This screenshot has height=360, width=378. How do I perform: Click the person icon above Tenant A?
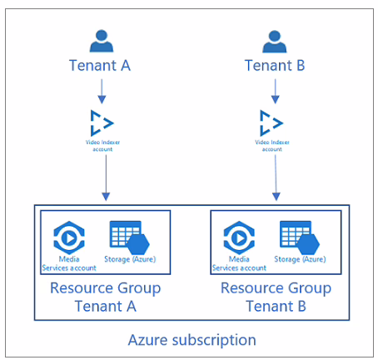click(x=102, y=41)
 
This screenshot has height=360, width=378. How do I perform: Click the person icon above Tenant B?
click(x=275, y=42)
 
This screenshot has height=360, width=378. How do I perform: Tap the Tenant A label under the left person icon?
click(x=100, y=66)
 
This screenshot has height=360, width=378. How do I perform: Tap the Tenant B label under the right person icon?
click(x=275, y=66)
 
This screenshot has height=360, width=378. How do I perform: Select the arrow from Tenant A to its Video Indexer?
click(x=102, y=92)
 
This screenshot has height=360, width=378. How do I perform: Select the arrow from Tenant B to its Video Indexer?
click(x=275, y=92)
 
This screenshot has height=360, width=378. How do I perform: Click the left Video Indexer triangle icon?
click(x=102, y=123)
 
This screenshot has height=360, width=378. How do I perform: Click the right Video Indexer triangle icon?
click(x=271, y=123)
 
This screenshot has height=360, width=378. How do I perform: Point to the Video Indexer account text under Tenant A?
click(x=102, y=146)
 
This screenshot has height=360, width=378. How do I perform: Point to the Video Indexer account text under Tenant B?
click(x=272, y=146)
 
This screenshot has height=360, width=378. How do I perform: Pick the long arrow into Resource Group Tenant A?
click(x=106, y=177)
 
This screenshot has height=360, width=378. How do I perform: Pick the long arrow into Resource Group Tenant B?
click(x=276, y=177)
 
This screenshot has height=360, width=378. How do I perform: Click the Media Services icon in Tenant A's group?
click(x=69, y=237)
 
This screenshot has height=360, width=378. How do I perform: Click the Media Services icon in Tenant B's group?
click(x=239, y=237)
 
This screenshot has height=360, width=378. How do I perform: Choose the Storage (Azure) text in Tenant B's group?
click(x=300, y=259)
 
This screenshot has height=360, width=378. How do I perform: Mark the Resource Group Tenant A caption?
click(x=106, y=297)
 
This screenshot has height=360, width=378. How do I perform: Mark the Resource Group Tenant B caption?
click(x=276, y=297)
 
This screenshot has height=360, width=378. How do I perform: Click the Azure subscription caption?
click(x=192, y=340)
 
